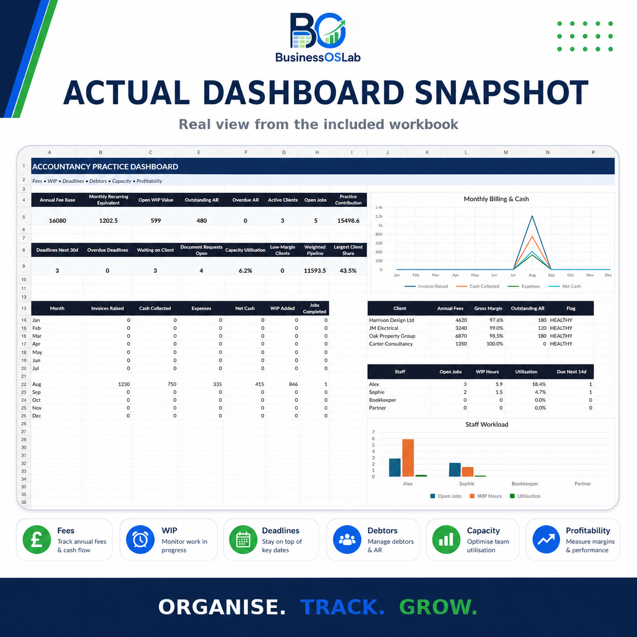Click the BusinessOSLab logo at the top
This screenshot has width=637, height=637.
[x=317, y=38]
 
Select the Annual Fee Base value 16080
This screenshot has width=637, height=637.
[x=57, y=220]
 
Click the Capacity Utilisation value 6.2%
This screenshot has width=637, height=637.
[x=245, y=270]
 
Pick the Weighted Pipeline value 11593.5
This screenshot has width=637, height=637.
[x=315, y=270]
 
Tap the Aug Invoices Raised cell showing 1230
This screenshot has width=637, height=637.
[x=124, y=384]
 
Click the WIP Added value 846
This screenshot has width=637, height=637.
[x=293, y=384]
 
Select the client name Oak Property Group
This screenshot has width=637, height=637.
[x=392, y=336]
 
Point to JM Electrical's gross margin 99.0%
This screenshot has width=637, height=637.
[x=496, y=328]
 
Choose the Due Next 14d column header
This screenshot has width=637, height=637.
[x=571, y=371]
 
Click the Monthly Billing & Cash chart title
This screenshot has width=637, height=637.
[x=496, y=199]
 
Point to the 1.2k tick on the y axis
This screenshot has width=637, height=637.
[x=379, y=216]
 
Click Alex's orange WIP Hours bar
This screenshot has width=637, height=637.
[x=408, y=458]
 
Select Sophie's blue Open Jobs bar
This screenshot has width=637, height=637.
[x=455, y=470]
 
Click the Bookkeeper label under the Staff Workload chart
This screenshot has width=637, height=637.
[x=525, y=484]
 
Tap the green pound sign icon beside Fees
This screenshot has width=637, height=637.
[x=37, y=539]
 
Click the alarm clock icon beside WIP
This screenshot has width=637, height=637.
[x=140, y=539]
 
